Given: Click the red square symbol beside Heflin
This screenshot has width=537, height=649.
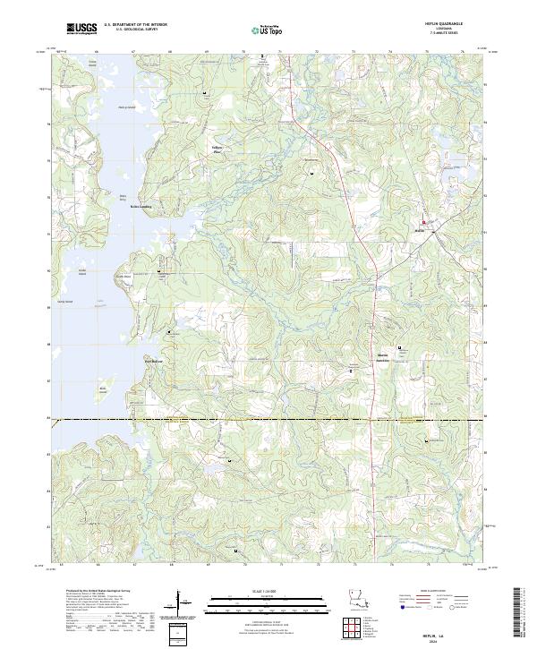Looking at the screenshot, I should click(424, 223).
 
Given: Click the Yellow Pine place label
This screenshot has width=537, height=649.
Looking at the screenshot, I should click(217, 149).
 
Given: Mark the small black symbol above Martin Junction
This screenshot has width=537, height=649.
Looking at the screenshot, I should click(398, 347).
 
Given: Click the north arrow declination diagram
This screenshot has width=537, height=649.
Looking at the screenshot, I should click(183, 605).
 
